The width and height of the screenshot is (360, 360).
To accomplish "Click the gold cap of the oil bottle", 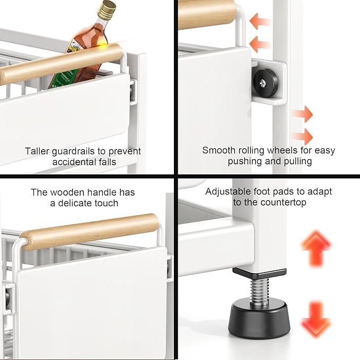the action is click(x=107, y=10).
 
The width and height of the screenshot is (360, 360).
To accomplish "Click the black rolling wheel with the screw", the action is click(x=266, y=83).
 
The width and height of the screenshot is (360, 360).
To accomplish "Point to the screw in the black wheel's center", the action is click(x=262, y=83).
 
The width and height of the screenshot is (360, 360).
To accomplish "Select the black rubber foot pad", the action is click(x=259, y=318).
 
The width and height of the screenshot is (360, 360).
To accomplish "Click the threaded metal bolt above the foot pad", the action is click(x=259, y=291).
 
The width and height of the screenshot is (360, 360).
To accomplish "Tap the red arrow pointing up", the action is click(x=316, y=249).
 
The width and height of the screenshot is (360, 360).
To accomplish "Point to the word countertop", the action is click(x=283, y=203).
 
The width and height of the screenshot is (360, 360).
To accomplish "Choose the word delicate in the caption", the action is click(x=75, y=203).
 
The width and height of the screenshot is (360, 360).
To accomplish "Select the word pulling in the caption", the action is click(x=298, y=161).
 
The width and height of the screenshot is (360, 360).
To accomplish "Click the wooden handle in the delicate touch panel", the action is click(x=89, y=232).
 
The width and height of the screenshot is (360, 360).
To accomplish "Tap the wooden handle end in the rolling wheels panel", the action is click(x=207, y=14).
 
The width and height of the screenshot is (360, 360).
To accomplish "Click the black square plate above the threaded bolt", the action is click(x=259, y=273).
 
